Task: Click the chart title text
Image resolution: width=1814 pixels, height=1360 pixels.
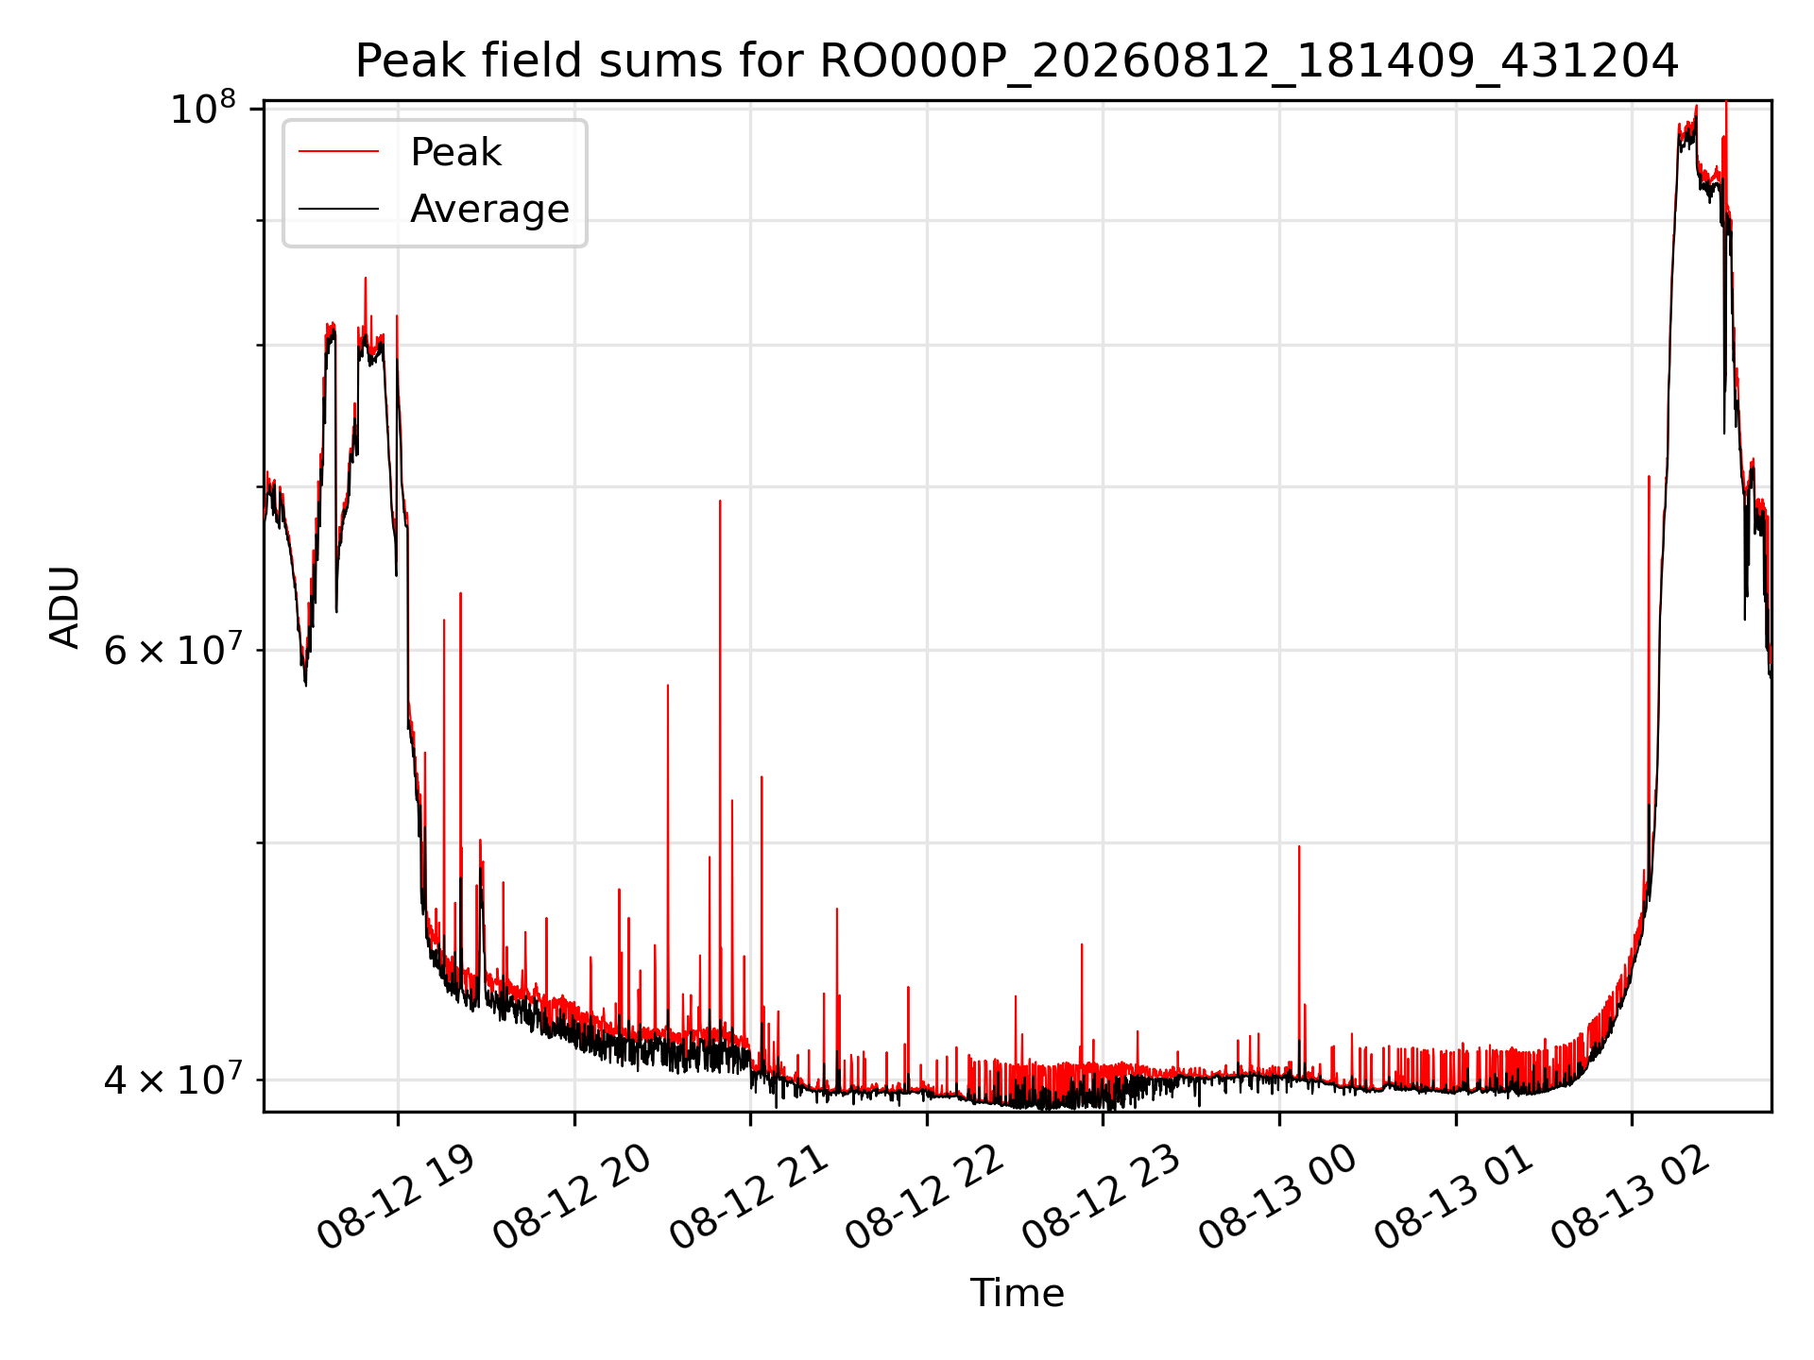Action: [x=1017, y=61]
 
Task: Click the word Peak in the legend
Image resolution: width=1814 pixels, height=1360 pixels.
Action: [x=455, y=152]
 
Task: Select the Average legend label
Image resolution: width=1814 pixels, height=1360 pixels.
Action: [x=489, y=209]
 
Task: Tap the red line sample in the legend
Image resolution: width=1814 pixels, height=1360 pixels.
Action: [x=338, y=151]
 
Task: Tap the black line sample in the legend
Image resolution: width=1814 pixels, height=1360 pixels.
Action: [x=338, y=209]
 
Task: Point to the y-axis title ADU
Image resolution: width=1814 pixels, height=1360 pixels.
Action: [x=65, y=607]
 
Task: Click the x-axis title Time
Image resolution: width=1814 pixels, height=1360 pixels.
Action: [x=1017, y=1293]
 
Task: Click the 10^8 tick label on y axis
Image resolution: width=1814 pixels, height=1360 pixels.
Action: [x=202, y=108]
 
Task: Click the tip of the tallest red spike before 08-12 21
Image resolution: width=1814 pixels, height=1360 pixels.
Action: [x=720, y=501]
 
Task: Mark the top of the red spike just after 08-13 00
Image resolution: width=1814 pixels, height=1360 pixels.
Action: [x=1299, y=846]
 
